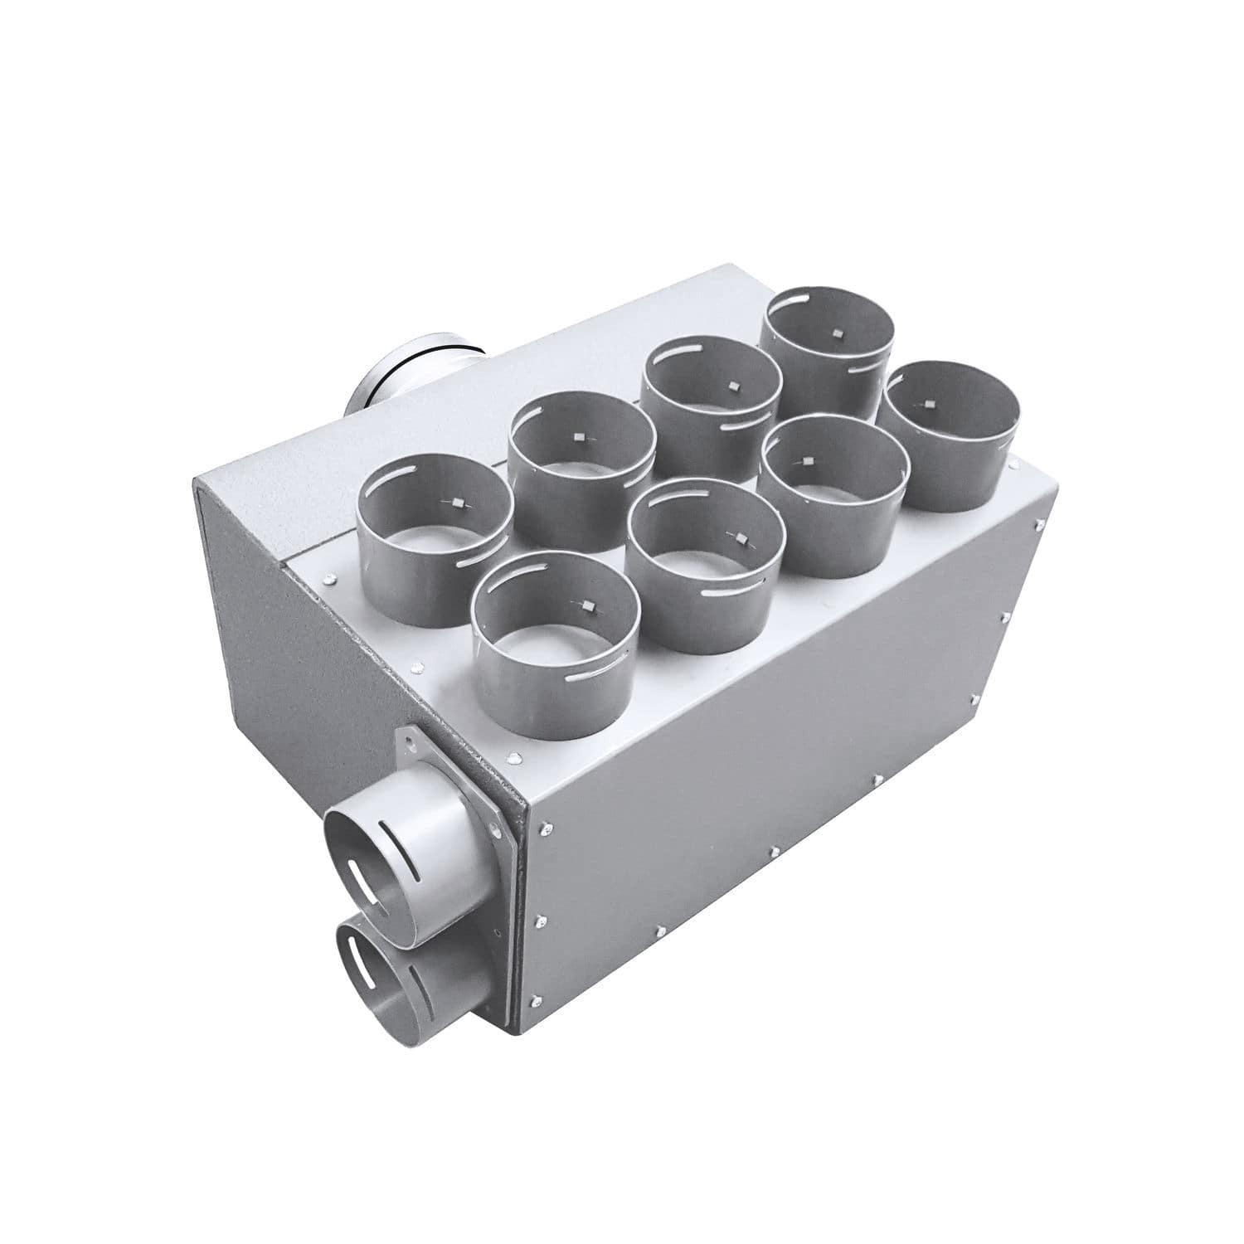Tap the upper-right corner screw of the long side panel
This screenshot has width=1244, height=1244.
tap(1037, 524)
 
